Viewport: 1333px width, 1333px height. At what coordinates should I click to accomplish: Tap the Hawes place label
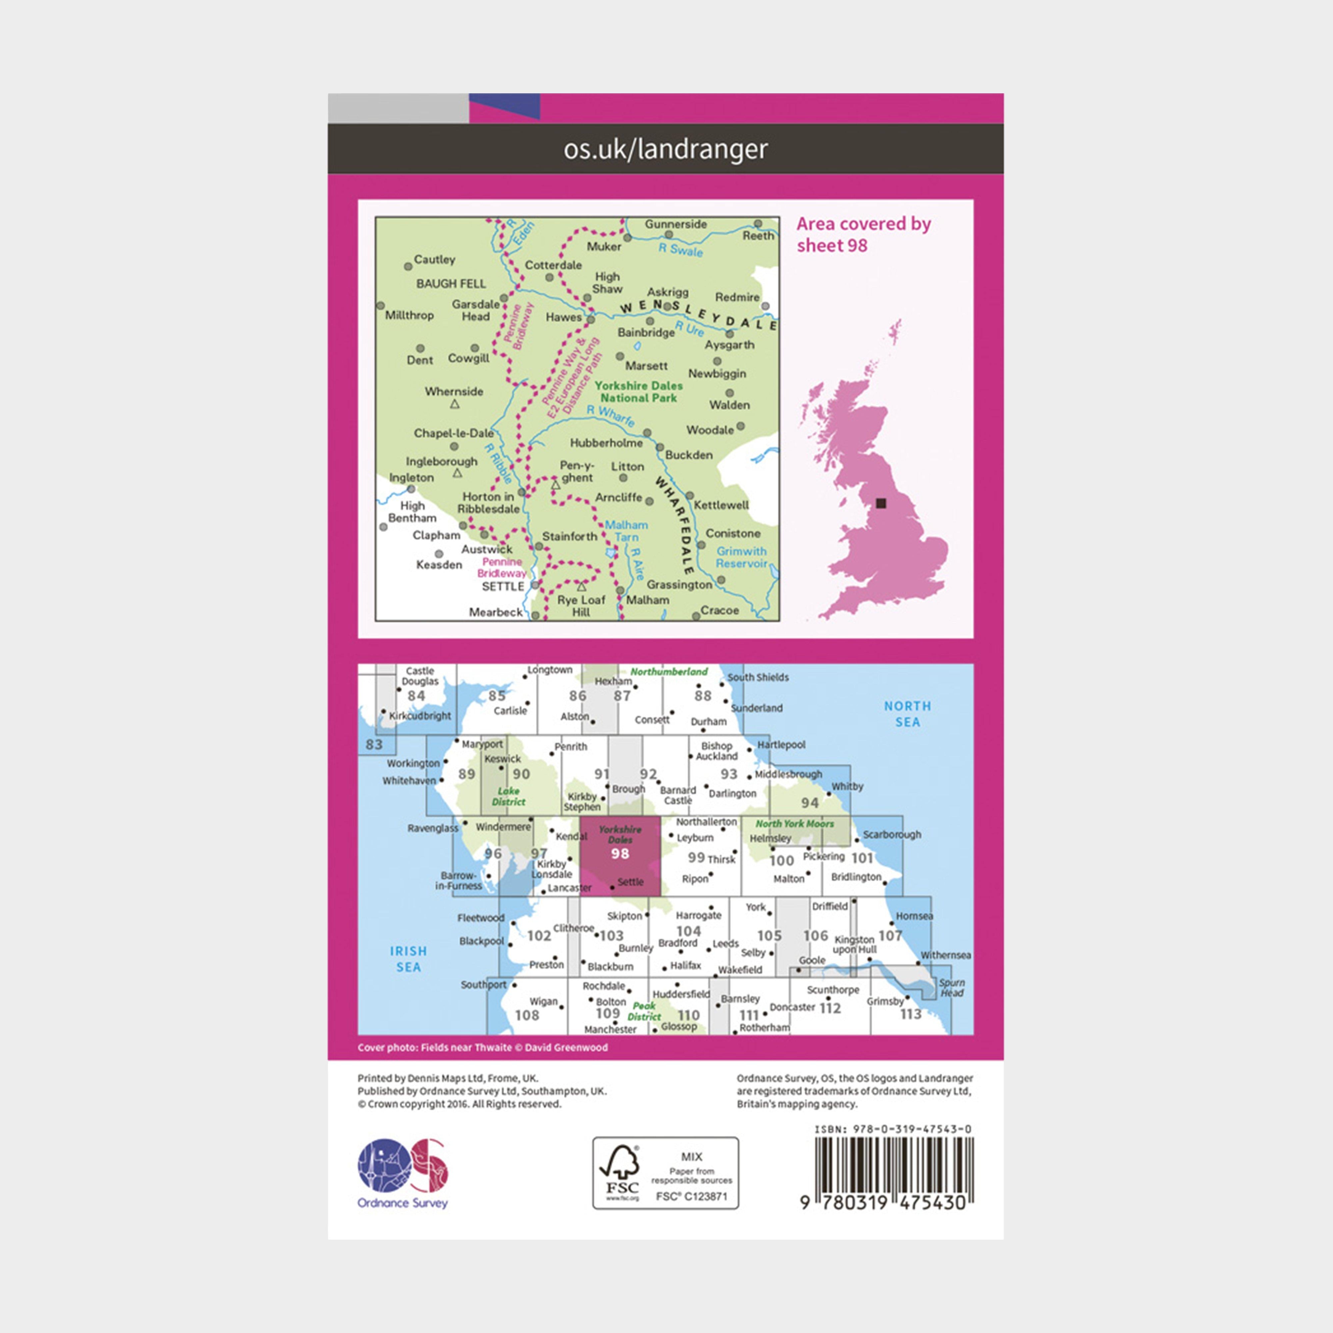(x=564, y=317)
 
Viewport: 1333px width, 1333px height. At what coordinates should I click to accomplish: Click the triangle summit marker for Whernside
(x=455, y=404)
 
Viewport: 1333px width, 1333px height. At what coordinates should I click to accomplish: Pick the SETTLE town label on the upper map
(x=503, y=587)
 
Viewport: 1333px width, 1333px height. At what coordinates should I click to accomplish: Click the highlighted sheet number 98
(x=620, y=853)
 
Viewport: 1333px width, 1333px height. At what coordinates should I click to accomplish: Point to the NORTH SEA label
(x=907, y=713)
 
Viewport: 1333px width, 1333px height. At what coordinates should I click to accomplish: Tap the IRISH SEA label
(x=409, y=958)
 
